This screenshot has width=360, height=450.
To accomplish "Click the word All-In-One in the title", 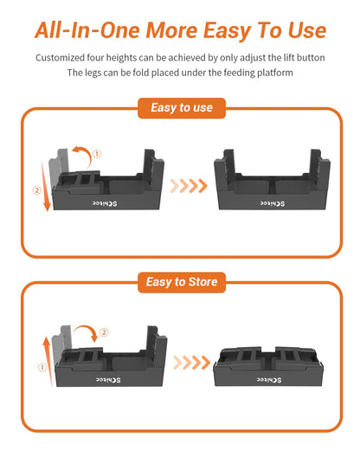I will [x=87, y=30].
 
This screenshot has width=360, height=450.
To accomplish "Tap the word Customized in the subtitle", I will [x=61, y=58].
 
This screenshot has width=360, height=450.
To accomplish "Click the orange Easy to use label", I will [x=180, y=108].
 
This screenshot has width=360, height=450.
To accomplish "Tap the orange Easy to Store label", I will [x=180, y=282].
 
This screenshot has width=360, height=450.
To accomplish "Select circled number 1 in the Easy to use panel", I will [x=97, y=154].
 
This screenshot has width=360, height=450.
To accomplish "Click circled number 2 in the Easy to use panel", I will [x=36, y=190].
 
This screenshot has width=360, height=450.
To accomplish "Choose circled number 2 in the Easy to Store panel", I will [x=104, y=332].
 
